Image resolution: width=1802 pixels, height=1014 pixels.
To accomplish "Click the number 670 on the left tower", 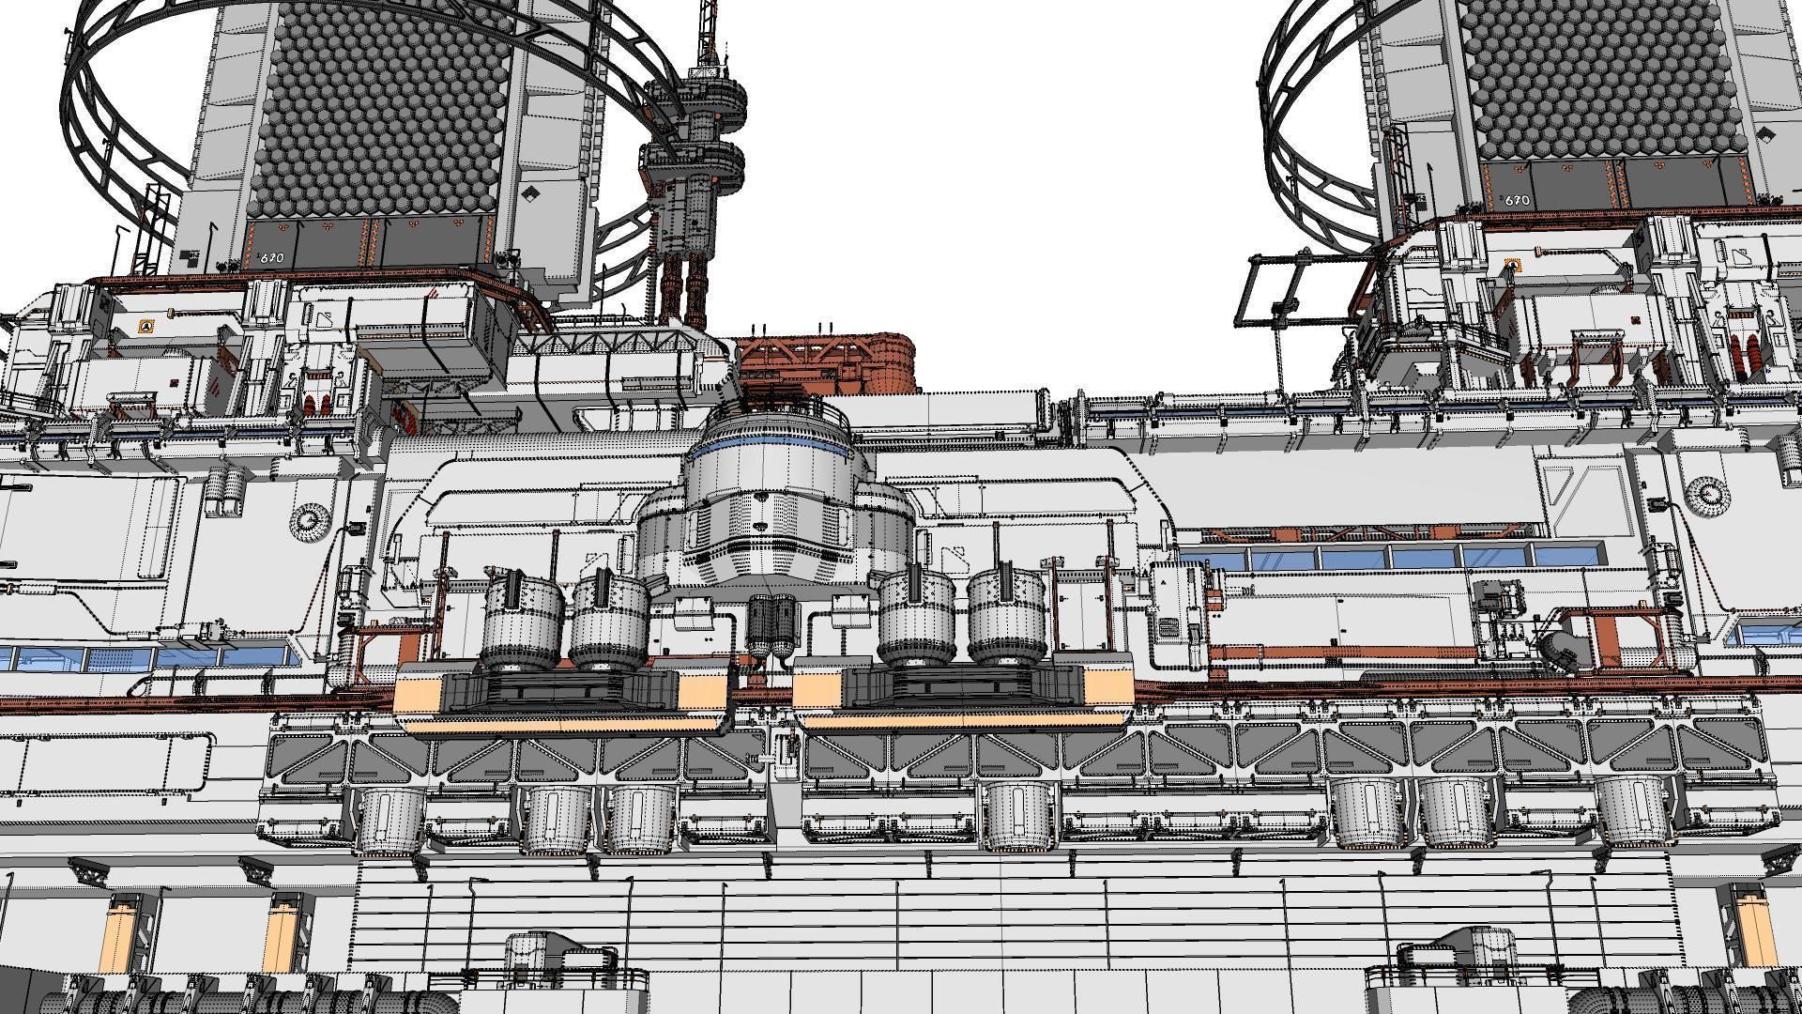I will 272,258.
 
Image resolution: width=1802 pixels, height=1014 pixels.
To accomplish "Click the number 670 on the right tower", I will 1517,200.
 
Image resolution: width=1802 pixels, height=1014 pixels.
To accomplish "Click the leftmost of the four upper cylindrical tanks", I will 522,620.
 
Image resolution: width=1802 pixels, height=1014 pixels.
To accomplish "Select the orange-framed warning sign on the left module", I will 145,327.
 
